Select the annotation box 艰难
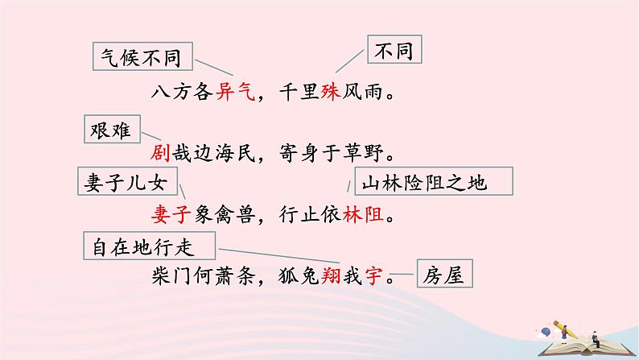click(x=113, y=127)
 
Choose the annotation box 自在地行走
click(x=149, y=243)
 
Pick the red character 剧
click(x=160, y=152)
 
